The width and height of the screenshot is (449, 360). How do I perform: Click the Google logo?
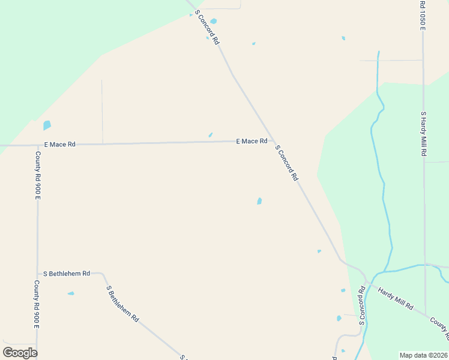pyautogui.click(x=20, y=352)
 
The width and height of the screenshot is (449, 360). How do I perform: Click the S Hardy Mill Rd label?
pyautogui.click(x=423, y=134)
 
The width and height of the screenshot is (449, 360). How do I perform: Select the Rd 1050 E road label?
pyautogui.click(x=423, y=15)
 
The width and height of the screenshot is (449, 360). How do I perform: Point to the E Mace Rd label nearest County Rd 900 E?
pyautogui.click(x=60, y=145)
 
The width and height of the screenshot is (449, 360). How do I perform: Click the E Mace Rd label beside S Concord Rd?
pyautogui.click(x=252, y=141)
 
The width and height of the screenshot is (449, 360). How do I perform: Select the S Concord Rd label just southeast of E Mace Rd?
pyautogui.click(x=286, y=163)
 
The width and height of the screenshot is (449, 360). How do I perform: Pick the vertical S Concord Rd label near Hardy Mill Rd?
pyautogui.click(x=362, y=305)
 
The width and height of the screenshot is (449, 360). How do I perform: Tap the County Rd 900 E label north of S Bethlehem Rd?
pyautogui.click(x=38, y=175)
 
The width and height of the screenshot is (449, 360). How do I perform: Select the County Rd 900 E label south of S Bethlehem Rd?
pyautogui.click(x=37, y=304)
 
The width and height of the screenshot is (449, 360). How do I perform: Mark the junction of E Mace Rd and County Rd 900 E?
pyautogui.click(x=38, y=145)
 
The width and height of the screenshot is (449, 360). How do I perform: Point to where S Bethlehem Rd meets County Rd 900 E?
pyautogui.click(x=38, y=273)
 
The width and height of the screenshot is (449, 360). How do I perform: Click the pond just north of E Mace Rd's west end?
pyautogui.click(x=47, y=125)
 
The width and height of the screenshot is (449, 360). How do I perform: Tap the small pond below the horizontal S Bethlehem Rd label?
pyautogui.click(x=71, y=293)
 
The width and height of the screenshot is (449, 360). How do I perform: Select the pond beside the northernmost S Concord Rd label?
pyautogui.click(x=213, y=21)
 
